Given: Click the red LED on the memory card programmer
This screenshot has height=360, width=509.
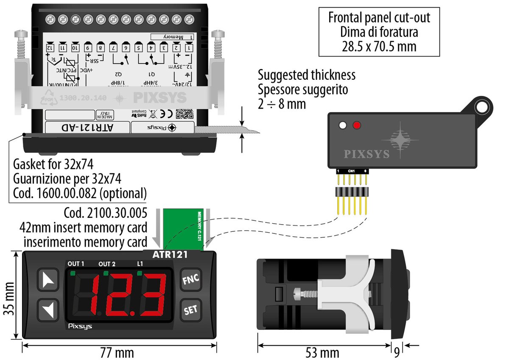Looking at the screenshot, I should [x=357, y=126].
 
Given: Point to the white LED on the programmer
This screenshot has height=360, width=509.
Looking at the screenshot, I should [x=343, y=126].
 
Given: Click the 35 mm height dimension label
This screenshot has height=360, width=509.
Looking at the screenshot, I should [x=8, y=295].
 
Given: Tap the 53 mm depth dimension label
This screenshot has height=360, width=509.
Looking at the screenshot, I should [x=322, y=353].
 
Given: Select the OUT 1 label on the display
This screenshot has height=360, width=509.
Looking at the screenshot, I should [x=76, y=264].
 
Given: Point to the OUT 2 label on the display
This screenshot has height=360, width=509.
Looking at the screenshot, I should [x=107, y=264].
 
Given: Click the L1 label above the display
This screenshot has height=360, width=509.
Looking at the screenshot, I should [x=140, y=264].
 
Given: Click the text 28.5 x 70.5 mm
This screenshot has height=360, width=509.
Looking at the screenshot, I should [x=379, y=46].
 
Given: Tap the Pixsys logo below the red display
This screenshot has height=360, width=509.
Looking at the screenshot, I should [x=80, y=326].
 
